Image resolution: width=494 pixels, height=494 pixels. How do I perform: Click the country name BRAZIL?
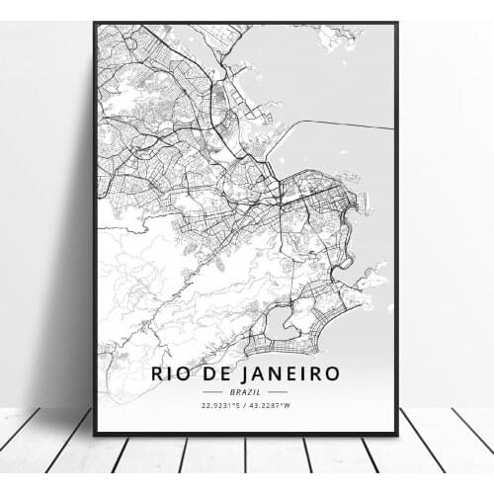pos(246,391)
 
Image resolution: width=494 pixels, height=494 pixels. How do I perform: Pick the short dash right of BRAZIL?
pos(277,391)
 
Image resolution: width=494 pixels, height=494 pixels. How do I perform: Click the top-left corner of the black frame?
pos(94,23)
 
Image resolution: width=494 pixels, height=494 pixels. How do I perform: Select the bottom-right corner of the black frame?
pos(397,435)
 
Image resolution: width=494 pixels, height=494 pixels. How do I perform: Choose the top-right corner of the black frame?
pos(397,23)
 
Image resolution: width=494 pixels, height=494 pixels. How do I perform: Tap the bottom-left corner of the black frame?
pos(94,435)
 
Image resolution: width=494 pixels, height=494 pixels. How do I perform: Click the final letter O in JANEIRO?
pos(332,373)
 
